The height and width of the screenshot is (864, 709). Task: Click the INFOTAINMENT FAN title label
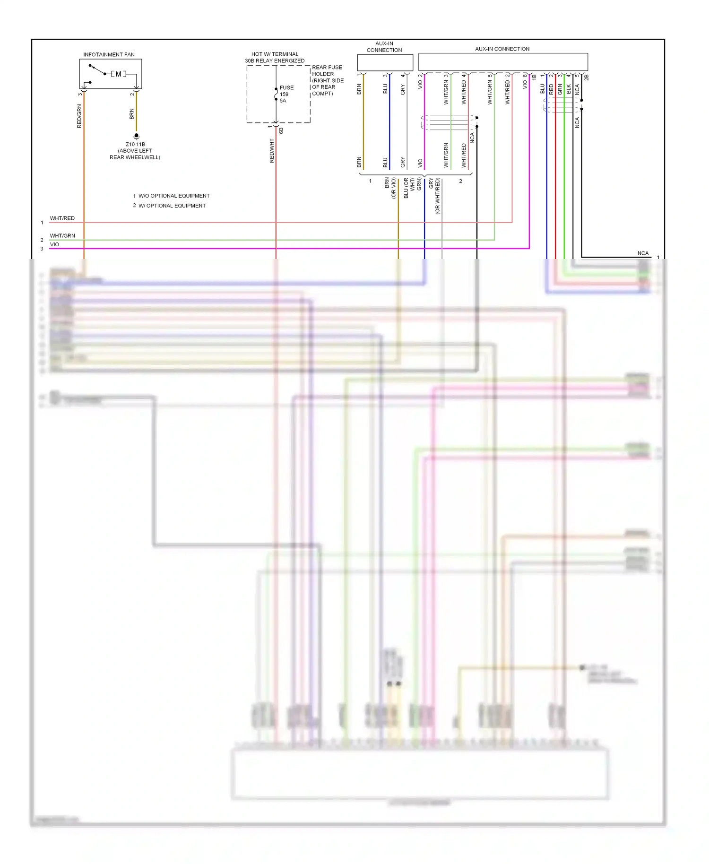coord(109,55)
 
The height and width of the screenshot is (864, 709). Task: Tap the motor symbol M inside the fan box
coord(118,74)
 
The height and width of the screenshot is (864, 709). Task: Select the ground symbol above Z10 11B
coord(136,136)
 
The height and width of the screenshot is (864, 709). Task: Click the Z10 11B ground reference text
coord(135,145)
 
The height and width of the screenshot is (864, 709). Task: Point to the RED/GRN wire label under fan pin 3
coord(79,116)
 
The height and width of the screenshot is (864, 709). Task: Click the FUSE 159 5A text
coord(286,94)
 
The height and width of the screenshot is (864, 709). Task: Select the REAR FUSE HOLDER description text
coord(328,80)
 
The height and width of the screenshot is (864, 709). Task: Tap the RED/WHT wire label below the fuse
coord(272,151)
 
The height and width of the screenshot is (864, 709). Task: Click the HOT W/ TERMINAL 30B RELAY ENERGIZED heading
coord(275,58)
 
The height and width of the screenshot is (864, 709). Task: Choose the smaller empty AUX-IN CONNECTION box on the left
coord(385,62)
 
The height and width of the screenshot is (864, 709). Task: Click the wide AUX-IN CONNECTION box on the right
coord(503,62)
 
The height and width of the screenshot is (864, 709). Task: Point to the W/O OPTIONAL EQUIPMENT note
coord(173,196)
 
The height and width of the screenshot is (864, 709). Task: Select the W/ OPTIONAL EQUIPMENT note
coord(172,206)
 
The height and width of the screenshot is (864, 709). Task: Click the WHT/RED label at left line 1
coord(62,218)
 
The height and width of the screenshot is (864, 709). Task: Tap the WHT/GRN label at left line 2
coord(62,235)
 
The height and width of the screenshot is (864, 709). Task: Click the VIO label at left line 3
coord(55,244)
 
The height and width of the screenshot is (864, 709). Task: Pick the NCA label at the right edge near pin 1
coord(643,253)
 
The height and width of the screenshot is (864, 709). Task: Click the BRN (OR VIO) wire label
coord(390,188)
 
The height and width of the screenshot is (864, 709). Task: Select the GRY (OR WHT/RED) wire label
coord(434,195)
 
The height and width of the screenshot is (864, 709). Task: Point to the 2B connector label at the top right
coord(587,77)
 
